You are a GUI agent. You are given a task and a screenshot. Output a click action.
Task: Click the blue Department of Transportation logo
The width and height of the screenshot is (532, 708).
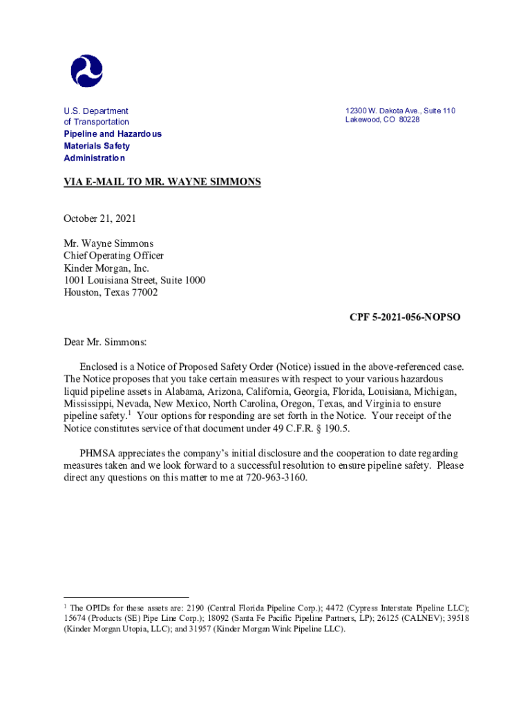click(x=86, y=71)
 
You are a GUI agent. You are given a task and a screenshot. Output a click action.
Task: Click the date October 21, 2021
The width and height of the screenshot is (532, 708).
click(x=100, y=218)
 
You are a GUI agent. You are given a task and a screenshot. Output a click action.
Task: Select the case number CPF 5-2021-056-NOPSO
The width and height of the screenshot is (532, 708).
click(x=405, y=318)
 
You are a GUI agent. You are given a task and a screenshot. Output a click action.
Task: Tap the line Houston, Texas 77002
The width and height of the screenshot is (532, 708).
click(x=111, y=292)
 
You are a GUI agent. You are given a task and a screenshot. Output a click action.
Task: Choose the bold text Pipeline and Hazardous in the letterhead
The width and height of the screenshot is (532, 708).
click(x=113, y=134)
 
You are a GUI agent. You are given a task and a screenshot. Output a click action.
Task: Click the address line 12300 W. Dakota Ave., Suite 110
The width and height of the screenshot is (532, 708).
click(x=401, y=111)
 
